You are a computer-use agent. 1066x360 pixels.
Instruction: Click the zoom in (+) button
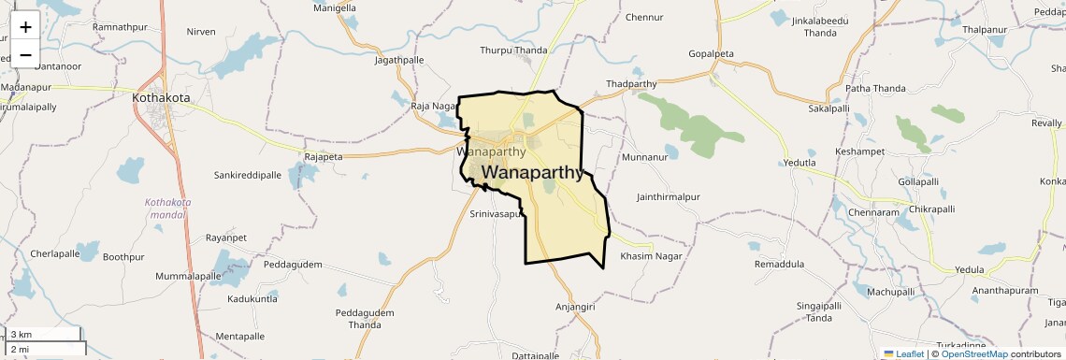tap(25, 26)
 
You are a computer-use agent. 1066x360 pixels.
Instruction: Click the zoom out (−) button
tap(25, 54)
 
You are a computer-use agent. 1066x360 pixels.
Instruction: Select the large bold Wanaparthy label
tap(534, 173)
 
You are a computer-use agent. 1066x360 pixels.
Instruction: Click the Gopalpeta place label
tap(714, 53)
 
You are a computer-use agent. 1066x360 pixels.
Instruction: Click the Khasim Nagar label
tap(651, 256)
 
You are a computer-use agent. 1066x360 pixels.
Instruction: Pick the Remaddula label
tap(779, 265)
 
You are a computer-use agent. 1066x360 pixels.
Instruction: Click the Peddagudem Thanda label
tap(365, 319)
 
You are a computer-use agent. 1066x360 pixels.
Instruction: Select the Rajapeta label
tap(324, 157)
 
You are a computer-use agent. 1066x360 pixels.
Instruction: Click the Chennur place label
tap(644, 17)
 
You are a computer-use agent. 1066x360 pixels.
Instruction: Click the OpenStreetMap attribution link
tap(973, 353)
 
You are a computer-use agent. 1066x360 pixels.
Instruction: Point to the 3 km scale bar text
tap(22, 335)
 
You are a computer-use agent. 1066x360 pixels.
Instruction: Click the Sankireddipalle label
tap(248, 175)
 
